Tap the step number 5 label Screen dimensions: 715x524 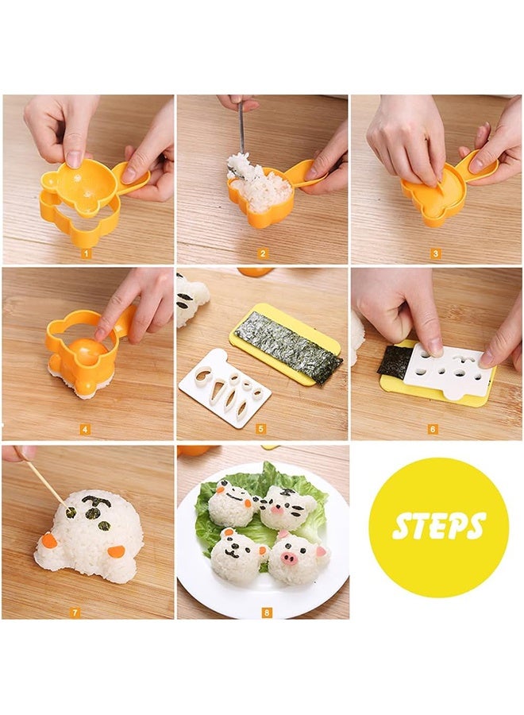262,429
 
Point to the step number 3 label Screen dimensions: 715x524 435,254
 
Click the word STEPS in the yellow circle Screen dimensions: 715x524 438,527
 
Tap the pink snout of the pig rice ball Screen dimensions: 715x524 289,558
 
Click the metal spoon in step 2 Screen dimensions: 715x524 241,127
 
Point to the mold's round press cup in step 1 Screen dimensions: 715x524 78,180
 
